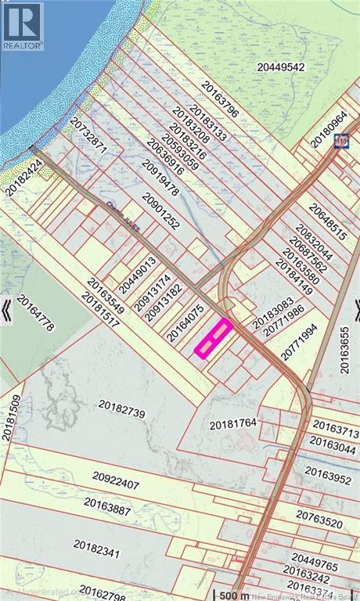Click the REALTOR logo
(23, 26)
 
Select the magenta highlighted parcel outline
(213, 338)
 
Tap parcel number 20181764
(233, 424)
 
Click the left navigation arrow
(6, 309)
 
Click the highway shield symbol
(341, 141)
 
